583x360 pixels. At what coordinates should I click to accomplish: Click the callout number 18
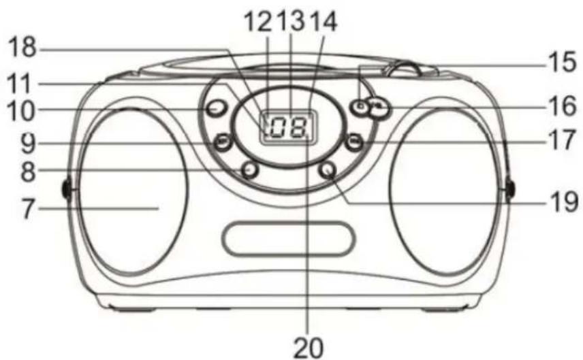[22, 48]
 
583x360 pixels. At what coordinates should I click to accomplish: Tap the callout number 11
[20, 83]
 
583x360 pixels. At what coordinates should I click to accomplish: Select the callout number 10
[21, 111]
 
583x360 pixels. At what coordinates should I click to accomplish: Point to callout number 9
[28, 144]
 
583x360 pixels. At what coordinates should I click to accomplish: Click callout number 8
[28, 172]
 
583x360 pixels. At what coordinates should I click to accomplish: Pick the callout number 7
[28, 209]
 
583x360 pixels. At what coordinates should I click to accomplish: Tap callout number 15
[562, 62]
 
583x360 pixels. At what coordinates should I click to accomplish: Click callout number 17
[562, 140]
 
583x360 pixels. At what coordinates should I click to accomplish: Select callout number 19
[563, 203]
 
